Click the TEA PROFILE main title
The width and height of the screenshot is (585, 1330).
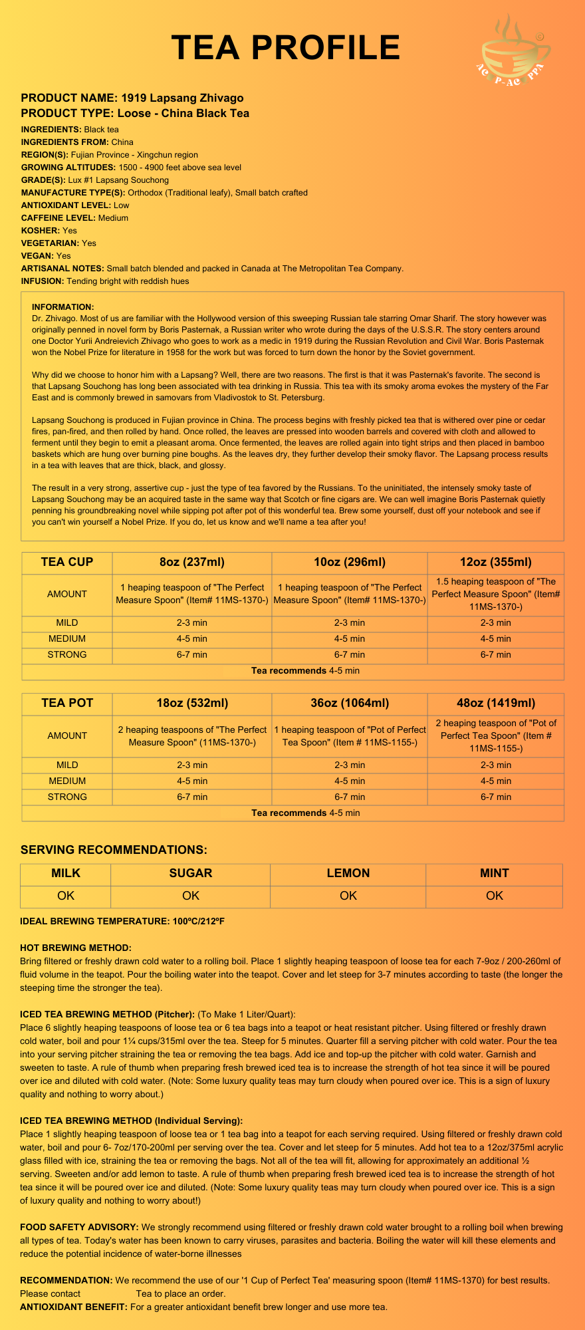pos(286,48)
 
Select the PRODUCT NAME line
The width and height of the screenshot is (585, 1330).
pos(132,98)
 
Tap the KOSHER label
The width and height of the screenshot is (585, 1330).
pos(40,230)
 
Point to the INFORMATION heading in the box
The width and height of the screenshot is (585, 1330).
pos(63,307)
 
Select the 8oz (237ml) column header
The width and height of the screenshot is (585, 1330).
pos(192,562)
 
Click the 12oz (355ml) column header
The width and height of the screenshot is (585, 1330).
pos(496,562)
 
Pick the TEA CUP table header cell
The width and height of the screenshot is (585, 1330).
pos(67,562)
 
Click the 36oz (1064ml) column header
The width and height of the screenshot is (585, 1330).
pos(350,703)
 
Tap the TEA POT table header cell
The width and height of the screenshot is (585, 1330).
pos(67,703)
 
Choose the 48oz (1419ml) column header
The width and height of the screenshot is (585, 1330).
pos(496,703)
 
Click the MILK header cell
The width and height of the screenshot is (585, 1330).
pos(66,873)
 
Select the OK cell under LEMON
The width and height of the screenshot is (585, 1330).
pos(348,895)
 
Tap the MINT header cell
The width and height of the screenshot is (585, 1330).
pos(495,873)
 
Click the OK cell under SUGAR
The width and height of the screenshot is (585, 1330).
pos(191,895)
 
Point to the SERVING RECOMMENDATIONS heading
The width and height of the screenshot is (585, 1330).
pos(114,850)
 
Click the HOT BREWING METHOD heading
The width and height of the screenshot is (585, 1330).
pos(76,947)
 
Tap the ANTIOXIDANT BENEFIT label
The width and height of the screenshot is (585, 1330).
pos(74,1307)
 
